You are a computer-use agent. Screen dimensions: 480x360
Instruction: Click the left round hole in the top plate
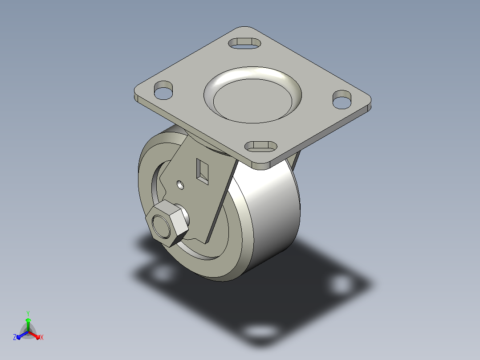(163, 90)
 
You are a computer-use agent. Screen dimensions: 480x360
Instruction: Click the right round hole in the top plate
(342, 99)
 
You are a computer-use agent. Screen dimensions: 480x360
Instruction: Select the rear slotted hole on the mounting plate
(244, 43)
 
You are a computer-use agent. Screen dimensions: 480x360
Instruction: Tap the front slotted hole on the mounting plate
(261, 147)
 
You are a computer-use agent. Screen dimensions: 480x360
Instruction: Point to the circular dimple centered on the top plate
(252, 95)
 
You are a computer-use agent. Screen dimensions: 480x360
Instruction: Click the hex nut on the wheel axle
(167, 223)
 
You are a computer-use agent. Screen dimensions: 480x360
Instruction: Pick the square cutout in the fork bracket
(202, 172)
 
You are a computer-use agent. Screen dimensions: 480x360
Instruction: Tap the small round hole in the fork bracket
(181, 185)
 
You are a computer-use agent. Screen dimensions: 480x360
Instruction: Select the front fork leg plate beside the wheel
(199, 190)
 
